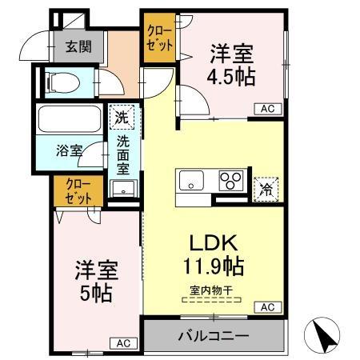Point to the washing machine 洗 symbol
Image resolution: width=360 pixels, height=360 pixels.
click(x=122, y=118)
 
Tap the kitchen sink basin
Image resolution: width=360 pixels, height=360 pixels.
click(x=192, y=180)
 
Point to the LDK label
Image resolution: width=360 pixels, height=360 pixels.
click(x=212, y=242)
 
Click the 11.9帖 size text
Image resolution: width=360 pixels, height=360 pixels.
click(x=212, y=264)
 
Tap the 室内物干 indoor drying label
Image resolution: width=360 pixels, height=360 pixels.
click(x=212, y=291)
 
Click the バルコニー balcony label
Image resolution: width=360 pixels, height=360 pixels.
click(x=212, y=336)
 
